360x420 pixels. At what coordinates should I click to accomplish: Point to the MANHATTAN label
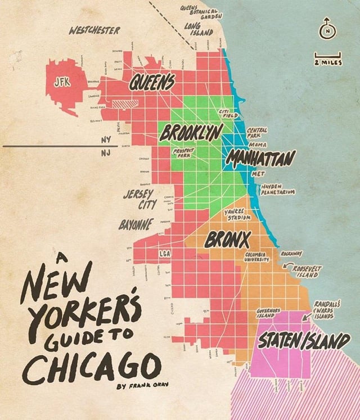click(x=260, y=159)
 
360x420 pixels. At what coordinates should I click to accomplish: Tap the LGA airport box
click(x=165, y=254)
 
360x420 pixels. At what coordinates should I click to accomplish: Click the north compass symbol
click(x=327, y=31)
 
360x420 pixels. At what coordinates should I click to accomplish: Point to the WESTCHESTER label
click(x=94, y=29)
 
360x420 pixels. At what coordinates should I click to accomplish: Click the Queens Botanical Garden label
click(x=201, y=12)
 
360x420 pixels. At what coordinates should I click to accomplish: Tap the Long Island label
click(x=199, y=29)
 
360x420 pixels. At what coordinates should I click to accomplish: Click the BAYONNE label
click(x=134, y=225)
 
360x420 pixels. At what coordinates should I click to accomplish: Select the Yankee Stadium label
click(x=237, y=215)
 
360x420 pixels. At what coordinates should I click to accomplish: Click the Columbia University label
click(x=258, y=257)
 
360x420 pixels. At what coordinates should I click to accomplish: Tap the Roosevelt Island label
click(x=306, y=272)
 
